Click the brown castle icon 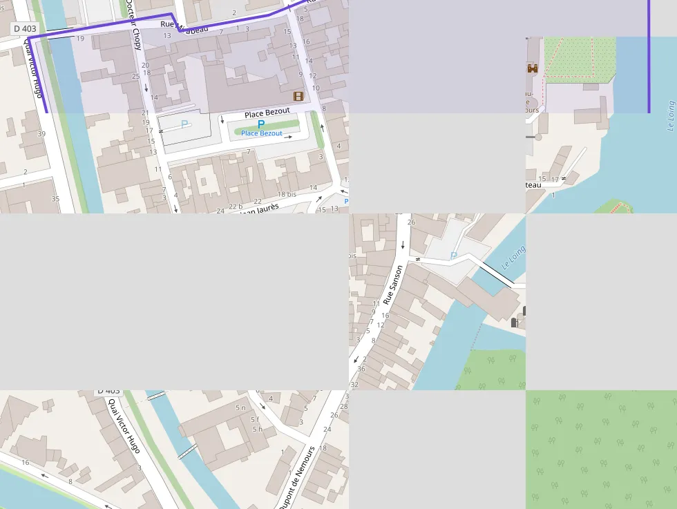[x=533, y=68]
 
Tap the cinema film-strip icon [x=298, y=96]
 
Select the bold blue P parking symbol [x=260, y=124]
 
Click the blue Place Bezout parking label [x=261, y=133]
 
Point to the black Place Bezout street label [x=267, y=113]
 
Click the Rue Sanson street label [x=392, y=285]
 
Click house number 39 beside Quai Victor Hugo [x=41, y=133]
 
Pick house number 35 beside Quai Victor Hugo [x=55, y=199]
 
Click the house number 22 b [x=236, y=207]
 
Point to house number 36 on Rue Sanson [x=361, y=369]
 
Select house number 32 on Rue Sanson [x=354, y=384]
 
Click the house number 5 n [x=240, y=408]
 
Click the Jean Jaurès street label [x=259, y=209]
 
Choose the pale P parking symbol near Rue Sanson [x=453, y=256]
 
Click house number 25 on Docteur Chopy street [x=135, y=76]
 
